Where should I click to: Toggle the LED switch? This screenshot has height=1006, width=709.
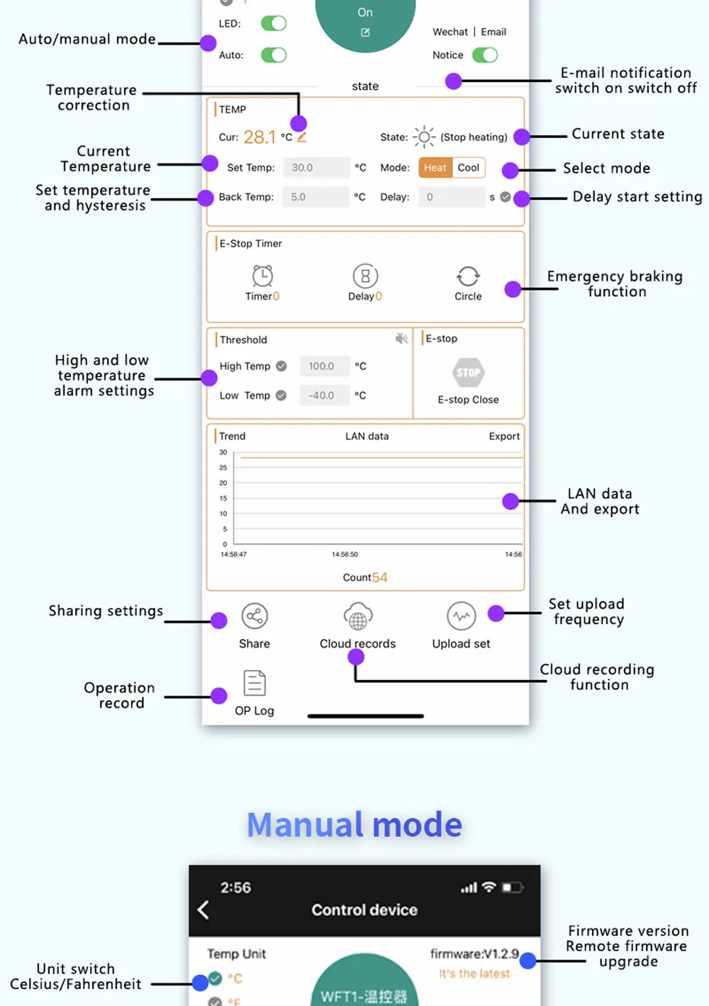coord(274,23)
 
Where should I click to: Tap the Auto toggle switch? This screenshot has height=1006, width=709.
coord(274,55)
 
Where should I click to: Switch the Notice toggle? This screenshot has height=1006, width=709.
coord(485,55)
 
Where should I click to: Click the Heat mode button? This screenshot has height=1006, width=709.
coord(435,167)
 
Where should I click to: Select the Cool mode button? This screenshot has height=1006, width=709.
coord(469,167)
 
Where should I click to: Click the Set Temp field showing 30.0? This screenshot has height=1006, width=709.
coord(316,167)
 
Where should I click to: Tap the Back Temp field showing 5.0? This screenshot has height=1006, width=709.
coord(316,197)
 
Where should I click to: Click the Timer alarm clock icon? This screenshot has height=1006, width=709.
coord(262,276)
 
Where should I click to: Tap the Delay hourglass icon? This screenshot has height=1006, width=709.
coord(365,276)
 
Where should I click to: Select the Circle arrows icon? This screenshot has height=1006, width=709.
coord(468,276)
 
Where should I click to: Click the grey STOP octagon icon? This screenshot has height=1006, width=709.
coord(468,373)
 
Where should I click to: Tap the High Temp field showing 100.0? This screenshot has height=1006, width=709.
coord(325,366)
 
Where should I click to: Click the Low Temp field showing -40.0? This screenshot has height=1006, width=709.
coord(325,395)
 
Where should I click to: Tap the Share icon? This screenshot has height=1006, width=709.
coord(255,616)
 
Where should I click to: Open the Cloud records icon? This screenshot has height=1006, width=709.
coord(358,616)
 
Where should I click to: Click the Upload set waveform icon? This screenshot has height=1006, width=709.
coord(462,616)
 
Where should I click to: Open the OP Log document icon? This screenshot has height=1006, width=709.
coord(255,683)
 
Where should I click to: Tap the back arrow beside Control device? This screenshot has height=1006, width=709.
coord(203,910)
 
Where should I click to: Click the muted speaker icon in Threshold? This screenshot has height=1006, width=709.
coord(401,339)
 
